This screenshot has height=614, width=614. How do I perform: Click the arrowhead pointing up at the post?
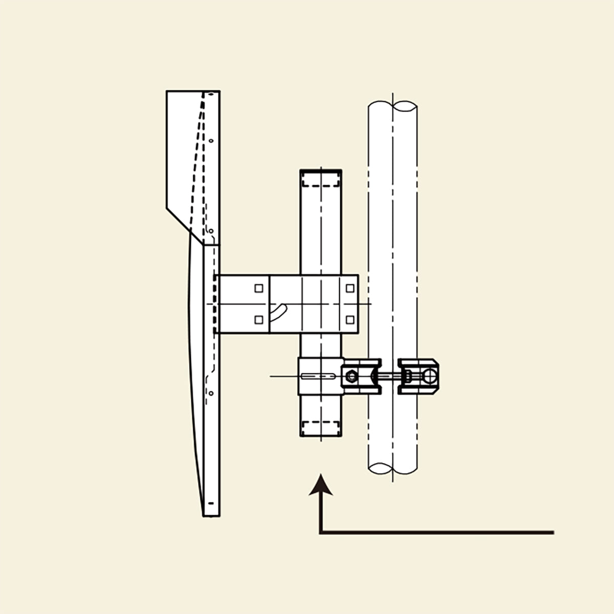tap(321, 485)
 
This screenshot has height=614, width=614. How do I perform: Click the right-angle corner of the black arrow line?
tap(321, 533)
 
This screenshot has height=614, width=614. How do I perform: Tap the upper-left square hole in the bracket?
tap(259, 288)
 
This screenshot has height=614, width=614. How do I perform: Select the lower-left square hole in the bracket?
tap(259, 320)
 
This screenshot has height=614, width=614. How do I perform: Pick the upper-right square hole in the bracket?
tap(350, 288)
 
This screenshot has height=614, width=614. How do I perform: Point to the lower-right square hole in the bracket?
tap(350, 320)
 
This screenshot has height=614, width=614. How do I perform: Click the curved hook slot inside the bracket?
tap(278, 312)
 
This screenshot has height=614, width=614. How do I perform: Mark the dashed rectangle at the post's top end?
tap(321, 180)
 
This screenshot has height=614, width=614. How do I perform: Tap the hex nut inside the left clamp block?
tap(351, 377)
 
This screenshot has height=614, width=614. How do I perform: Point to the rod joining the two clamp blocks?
tap(390, 377)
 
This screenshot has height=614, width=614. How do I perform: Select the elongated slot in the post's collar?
tap(318, 377)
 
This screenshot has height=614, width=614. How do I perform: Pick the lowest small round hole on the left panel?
tap(211, 393)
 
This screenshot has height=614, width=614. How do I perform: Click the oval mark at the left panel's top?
tap(209, 94)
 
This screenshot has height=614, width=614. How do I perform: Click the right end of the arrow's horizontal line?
tap(553, 533)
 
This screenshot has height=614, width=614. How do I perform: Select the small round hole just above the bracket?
tap(211, 231)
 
